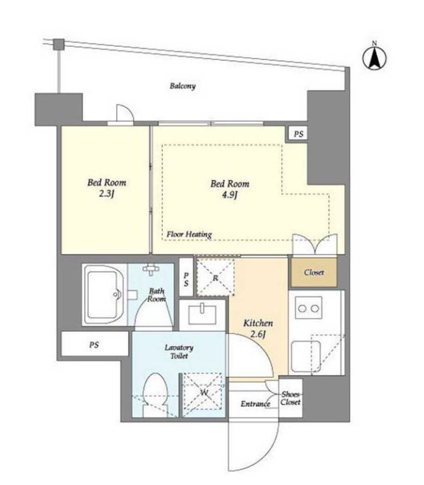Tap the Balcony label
182,86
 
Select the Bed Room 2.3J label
106,188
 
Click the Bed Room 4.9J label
230,189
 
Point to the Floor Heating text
189,234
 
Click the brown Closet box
314,272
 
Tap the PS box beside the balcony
299,134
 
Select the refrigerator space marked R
216,278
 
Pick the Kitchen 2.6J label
258,329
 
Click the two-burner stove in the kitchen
308,308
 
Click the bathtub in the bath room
105,295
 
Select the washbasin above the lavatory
202,314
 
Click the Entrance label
255,404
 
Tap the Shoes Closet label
291,399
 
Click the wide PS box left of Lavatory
95,344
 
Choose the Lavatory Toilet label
179,352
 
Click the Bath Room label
156,295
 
